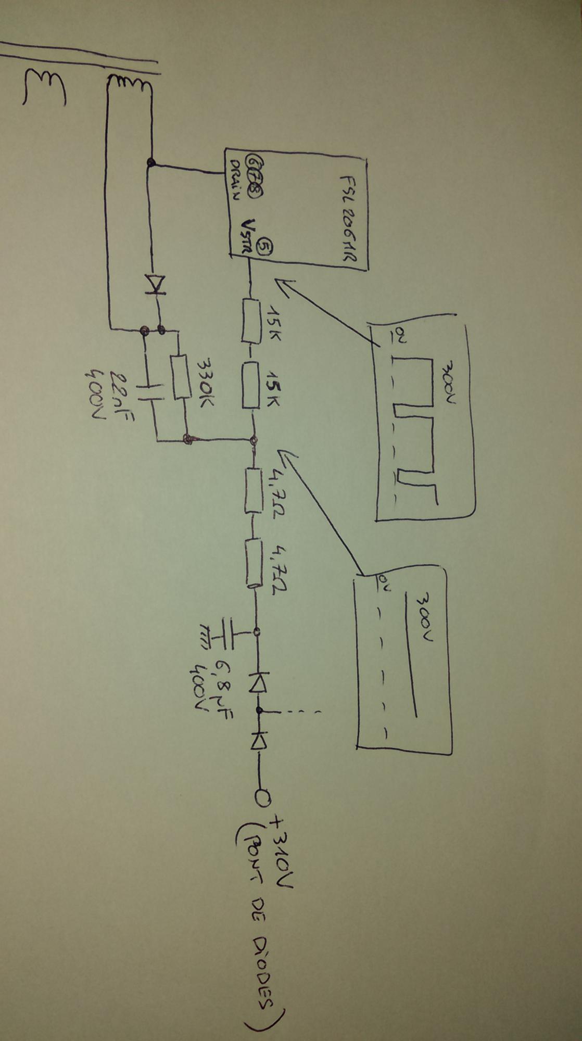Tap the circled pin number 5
tap(264, 245)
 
